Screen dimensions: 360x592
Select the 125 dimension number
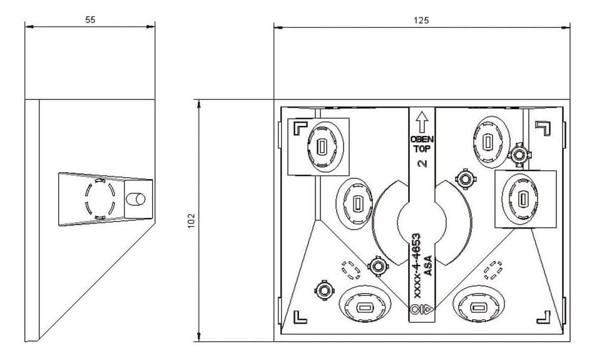coord(422,20)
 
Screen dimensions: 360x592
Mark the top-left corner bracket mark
coord(299,128)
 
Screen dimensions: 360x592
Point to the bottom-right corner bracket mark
coord(543,316)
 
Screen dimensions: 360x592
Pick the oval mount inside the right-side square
coord(521,199)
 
